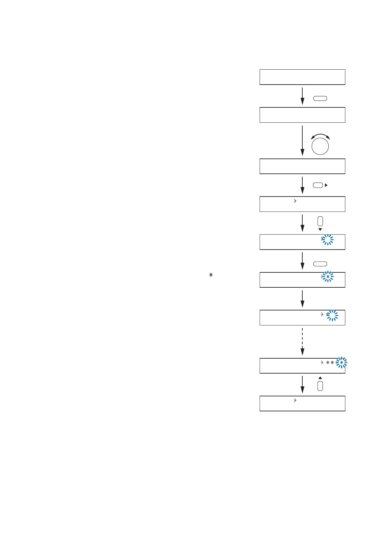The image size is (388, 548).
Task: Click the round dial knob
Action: (320, 146)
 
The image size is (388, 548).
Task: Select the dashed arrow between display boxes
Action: (302, 341)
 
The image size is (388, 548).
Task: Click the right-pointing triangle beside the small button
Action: (326, 185)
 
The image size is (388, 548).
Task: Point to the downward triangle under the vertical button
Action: (320, 229)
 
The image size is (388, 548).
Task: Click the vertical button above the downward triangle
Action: (320, 221)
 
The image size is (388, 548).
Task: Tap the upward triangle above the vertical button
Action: (320, 378)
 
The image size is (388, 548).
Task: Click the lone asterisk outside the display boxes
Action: (211, 275)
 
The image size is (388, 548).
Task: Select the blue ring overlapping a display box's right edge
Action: (341, 363)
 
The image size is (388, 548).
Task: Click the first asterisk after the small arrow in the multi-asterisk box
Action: (328, 363)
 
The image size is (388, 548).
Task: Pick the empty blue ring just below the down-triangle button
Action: (328, 240)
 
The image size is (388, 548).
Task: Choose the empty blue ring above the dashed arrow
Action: (332, 315)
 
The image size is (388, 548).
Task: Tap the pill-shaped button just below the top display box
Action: (320, 99)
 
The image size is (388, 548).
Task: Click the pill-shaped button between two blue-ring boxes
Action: (320, 264)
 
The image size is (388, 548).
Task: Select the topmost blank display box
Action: (302, 77)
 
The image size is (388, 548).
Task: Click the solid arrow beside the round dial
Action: (302, 141)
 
